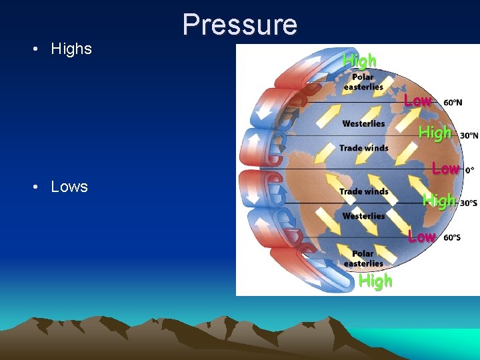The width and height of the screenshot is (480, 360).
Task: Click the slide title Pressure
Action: tap(240, 25)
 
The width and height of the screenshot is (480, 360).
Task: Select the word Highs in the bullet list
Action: tap(71, 49)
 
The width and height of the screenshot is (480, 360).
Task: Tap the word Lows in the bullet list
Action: tap(69, 187)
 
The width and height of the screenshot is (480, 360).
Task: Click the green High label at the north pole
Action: tap(359, 61)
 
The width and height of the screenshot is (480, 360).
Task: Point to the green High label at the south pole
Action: tap(375, 281)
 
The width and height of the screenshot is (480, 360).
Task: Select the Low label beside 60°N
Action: tap(417, 101)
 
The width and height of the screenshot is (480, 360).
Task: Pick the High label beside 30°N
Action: tap(435, 133)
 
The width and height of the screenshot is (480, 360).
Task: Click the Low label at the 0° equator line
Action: tap(445, 169)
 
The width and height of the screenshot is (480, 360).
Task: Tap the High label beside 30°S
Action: tap(439, 200)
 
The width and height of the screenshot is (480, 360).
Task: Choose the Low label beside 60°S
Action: tap(421, 237)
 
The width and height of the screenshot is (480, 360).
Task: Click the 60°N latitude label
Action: tap(453, 103)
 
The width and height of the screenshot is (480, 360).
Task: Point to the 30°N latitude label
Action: tap(469, 135)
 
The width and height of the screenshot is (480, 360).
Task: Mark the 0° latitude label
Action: tap(470, 170)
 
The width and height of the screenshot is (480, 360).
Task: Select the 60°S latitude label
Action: tap(451, 237)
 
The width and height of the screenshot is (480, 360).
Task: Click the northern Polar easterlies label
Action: tap(363, 82)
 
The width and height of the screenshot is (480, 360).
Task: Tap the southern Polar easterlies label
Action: tap(363, 259)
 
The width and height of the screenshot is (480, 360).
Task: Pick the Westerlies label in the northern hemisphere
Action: tap(363, 123)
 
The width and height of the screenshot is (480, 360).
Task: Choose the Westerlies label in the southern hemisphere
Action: tap(363, 216)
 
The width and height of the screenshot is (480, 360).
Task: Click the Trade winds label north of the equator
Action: tap(363, 148)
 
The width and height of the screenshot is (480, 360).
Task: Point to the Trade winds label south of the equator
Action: tap(363, 191)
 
